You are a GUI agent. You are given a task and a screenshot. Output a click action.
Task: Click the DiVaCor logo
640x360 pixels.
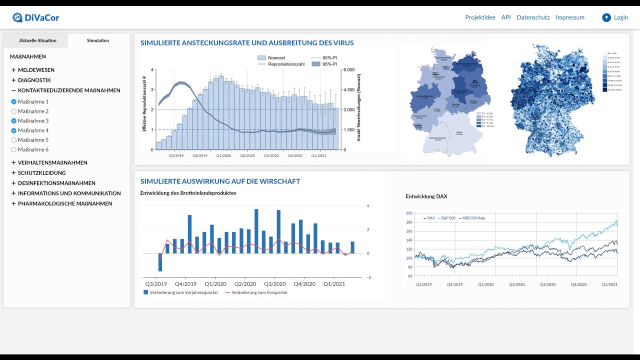click(36, 17)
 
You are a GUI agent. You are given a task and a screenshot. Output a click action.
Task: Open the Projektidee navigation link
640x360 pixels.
click(480, 17)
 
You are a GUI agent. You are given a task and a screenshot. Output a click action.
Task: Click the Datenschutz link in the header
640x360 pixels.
click(533, 17)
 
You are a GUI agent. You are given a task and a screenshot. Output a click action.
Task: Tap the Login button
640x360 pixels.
click(615, 17)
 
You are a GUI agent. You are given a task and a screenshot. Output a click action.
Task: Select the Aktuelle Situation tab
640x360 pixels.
click(37, 40)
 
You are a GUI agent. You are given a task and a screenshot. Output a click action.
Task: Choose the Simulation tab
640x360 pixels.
click(98, 40)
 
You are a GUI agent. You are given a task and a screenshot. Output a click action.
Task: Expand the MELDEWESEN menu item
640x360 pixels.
click(36, 70)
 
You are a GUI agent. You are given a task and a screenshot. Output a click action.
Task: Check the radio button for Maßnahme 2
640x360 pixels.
click(14, 111)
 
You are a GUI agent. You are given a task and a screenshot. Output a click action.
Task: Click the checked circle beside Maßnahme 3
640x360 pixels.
click(14, 121)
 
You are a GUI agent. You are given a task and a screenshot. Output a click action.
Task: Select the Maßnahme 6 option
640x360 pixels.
click(14, 149)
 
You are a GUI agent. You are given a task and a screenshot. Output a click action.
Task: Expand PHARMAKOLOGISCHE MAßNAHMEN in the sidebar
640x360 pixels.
click(64, 203)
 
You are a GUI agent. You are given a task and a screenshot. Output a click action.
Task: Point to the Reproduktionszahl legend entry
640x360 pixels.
click(284, 64)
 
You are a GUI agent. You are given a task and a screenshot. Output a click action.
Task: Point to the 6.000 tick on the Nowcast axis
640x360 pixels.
click(349, 70)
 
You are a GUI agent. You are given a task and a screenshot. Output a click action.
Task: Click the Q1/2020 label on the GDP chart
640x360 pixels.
click(215, 284)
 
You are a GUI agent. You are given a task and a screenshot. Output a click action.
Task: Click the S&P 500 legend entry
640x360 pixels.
click(448, 218)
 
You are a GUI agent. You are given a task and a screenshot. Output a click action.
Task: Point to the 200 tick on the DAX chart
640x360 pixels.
click(409, 213)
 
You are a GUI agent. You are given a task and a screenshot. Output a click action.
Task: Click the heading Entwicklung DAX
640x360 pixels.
click(426, 196)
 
